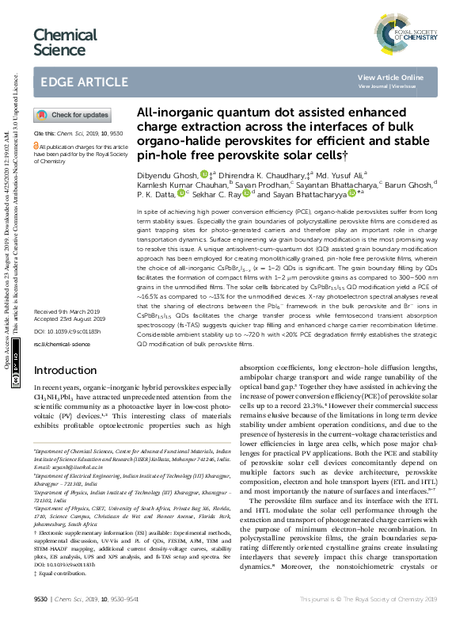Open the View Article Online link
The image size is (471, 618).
pyautogui.click(x=390, y=77)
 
